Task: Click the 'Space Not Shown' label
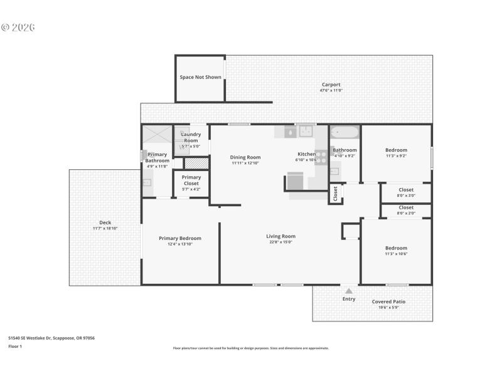point(200,77)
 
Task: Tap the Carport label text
point(331,85)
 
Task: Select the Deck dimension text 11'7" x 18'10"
point(105,229)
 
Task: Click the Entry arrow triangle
point(349,291)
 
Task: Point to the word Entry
point(349,299)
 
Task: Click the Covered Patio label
point(388,301)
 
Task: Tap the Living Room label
point(280,236)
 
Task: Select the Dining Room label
point(245,157)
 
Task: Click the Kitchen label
point(306,154)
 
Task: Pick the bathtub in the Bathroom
point(344,132)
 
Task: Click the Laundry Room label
point(191,137)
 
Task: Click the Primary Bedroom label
point(180,238)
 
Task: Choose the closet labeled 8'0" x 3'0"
point(406,192)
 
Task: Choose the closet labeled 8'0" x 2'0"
point(406,210)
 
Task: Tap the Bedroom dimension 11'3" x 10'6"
point(396,254)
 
